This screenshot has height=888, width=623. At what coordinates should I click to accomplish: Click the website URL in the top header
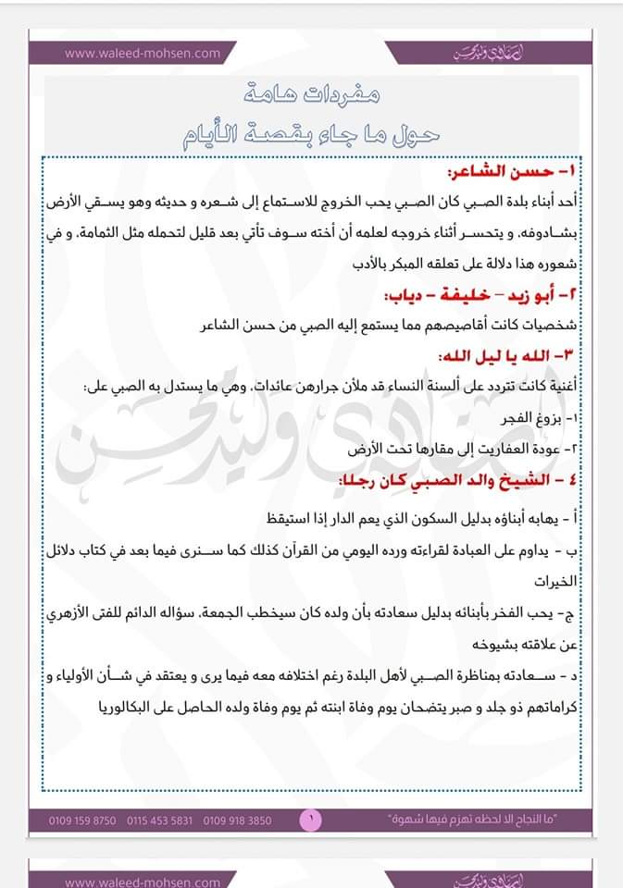pos(143,53)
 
